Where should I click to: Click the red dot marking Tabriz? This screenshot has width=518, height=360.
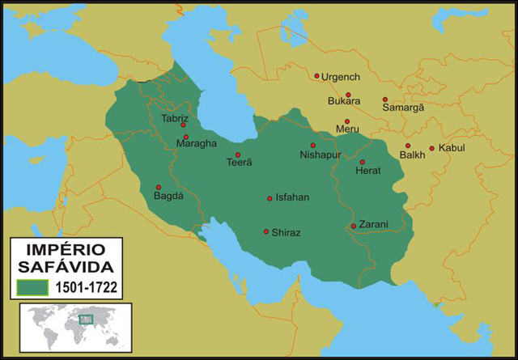183,125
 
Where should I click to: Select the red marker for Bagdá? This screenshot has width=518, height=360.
158,188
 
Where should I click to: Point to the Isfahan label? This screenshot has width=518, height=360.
292,197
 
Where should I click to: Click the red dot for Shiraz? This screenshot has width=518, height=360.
266,232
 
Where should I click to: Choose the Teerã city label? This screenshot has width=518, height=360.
239,162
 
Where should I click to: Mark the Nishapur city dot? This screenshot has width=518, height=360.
312,146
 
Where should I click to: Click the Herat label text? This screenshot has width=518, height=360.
368,171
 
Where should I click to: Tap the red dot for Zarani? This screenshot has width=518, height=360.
354,227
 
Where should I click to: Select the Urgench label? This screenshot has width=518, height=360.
340,77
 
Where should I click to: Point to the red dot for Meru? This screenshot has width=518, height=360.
346,122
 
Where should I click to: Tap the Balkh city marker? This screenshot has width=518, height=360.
408,146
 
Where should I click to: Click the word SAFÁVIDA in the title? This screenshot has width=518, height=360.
66,266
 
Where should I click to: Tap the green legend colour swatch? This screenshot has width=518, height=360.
32,286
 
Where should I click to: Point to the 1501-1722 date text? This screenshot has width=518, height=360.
85,286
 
